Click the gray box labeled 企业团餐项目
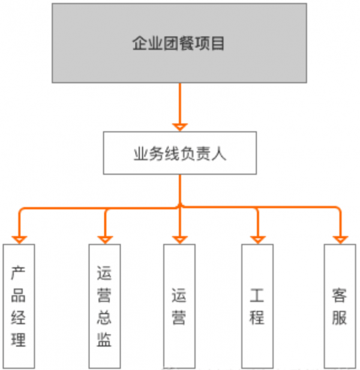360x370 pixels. (179, 43)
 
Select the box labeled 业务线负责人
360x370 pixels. (179, 153)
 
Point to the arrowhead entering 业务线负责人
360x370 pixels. (179, 127)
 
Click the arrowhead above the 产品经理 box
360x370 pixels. (19, 239)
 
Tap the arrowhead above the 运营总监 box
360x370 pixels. (105, 239)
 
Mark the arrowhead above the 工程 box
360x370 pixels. (258, 239)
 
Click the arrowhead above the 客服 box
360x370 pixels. (340, 239)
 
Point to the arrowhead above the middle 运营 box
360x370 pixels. (179, 239)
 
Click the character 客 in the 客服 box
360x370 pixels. (340, 295)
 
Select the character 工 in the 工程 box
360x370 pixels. (257, 295)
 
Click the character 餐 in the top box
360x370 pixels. (191, 44)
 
